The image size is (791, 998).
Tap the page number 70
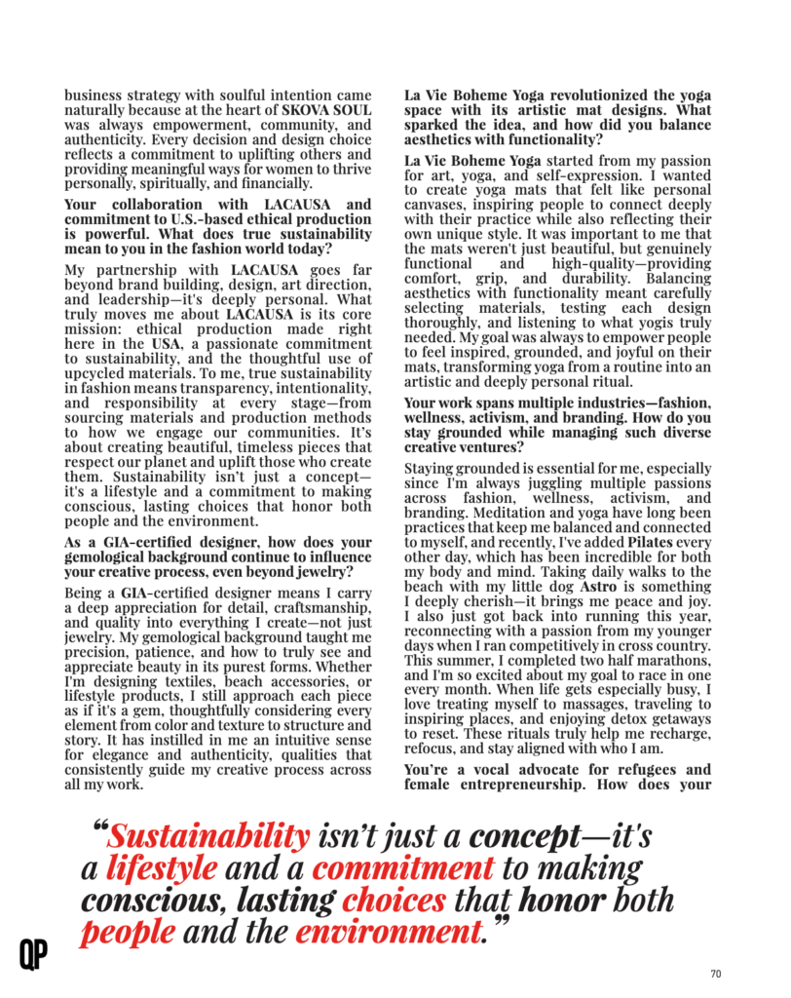pos(715,973)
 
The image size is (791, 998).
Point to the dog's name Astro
pos(600,590)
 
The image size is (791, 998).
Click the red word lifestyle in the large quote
pos(161,866)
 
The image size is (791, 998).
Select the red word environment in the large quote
pos(388,932)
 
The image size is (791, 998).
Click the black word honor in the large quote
pos(561,899)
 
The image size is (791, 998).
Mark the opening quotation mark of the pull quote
pos(98,830)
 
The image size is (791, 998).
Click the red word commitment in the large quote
pos(403,866)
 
